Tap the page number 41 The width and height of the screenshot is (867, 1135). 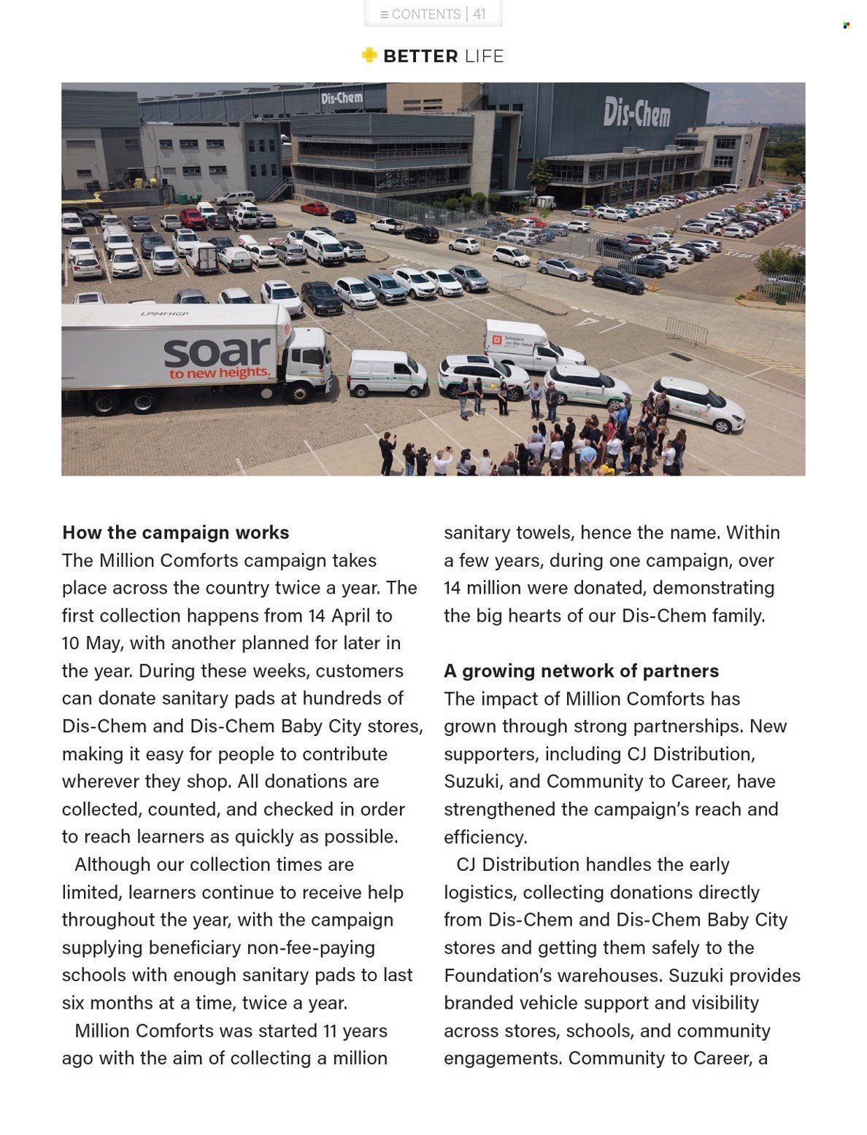click(479, 14)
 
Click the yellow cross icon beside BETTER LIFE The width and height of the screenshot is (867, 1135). click(369, 55)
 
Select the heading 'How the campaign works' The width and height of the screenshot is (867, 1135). click(176, 532)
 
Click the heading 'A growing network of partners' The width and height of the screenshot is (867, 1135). click(581, 671)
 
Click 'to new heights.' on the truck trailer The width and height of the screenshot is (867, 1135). click(220, 373)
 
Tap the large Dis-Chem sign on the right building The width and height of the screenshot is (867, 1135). click(636, 112)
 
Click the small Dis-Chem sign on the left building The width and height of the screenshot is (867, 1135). click(342, 98)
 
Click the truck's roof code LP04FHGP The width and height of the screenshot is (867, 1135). click(164, 314)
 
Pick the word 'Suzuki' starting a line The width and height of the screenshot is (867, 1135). click(472, 782)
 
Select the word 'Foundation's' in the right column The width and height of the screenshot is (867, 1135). click(497, 975)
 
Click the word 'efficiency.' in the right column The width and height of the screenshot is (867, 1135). click(485, 837)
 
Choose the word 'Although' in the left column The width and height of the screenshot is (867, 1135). click(110, 865)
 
